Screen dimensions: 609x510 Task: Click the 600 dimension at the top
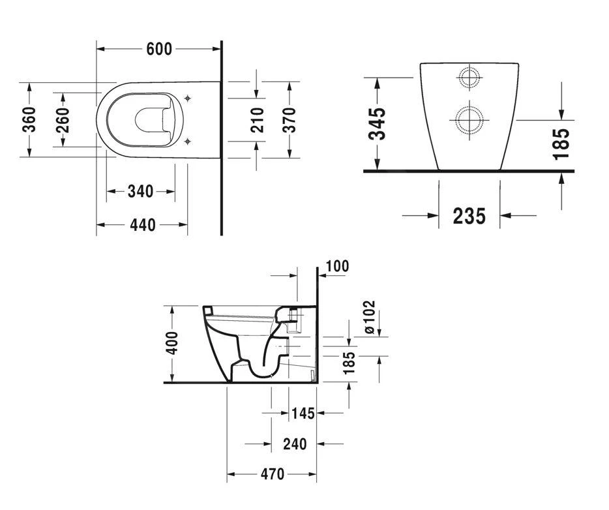tap(159, 49)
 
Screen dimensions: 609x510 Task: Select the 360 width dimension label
tap(29, 119)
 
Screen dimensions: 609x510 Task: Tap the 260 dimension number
tap(62, 120)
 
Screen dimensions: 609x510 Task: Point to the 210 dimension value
tap(257, 120)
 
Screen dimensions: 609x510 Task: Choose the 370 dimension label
tap(289, 120)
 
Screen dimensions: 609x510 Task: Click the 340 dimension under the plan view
tap(141, 191)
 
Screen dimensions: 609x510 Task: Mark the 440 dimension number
tap(143, 225)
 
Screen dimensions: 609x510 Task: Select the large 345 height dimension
tap(377, 123)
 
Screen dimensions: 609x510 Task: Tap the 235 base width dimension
tap(469, 216)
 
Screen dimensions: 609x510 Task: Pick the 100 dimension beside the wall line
tap(337, 267)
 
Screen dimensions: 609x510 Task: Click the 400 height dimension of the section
tap(171, 343)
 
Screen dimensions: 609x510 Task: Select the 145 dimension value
tap(303, 413)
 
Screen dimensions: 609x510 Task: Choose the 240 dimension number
tap(295, 443)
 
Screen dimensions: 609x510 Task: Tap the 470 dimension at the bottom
tap(273, 474)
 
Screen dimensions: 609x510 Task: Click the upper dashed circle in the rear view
tap(469, 78)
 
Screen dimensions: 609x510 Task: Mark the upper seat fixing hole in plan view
tap(188, 98)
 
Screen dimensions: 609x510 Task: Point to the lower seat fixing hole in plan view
tap(188, 142)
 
